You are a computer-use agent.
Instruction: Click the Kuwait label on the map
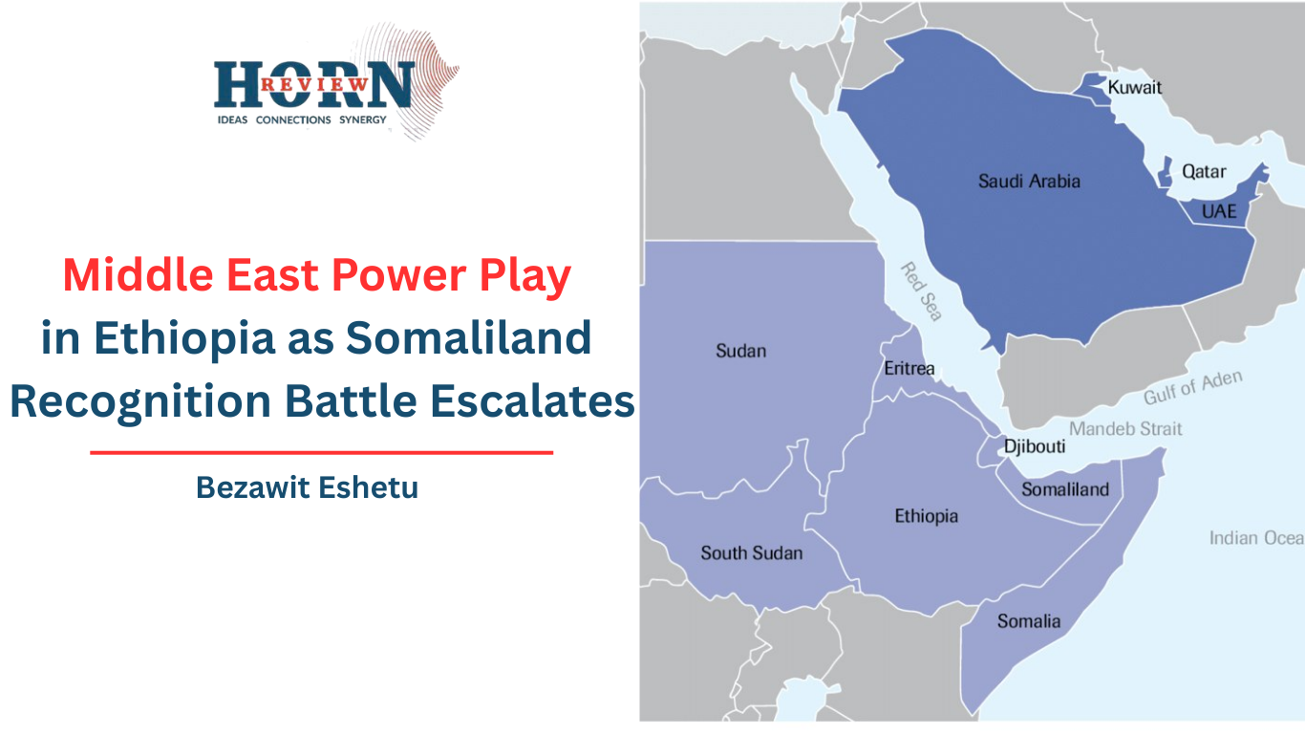(x=1134, y=88)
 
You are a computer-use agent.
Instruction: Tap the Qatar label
(x=1204, y=171)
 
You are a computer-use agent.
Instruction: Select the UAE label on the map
(x=1219, y=210)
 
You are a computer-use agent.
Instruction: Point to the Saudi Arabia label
(x=1029, y=181)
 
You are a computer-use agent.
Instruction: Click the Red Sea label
(x=921, y=291)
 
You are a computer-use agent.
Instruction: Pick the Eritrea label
(x=909, y=368)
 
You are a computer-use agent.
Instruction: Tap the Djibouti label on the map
(x=1034, y=446)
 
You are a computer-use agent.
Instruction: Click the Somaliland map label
(x=1065, y=489)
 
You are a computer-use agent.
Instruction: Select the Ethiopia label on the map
(x=927, y=516)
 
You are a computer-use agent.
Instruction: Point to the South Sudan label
(x=752, y=552)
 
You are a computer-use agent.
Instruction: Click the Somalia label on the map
(x=1028, y=621)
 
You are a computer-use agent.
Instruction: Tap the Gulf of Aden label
(x=1192, y=387)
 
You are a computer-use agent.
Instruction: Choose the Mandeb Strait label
(x=1125, y=428)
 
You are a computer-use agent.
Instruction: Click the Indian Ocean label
(x=1256, y=537)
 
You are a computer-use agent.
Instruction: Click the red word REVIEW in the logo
(x=314, y=84)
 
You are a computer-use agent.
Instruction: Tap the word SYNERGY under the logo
(x=363, y=119)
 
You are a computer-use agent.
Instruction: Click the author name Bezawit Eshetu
(x=307, y=487)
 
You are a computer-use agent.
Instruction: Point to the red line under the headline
(x=322, y=452)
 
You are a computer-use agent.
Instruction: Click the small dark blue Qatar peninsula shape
(x=1166, y=171)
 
